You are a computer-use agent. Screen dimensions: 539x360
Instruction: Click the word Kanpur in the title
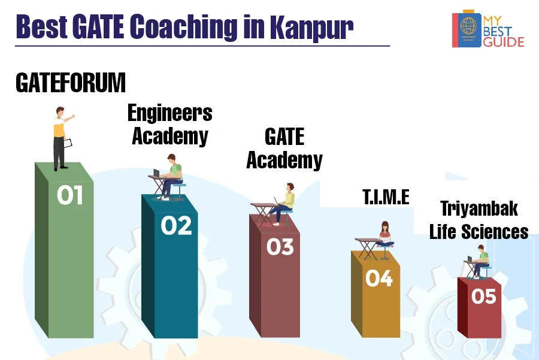pos(311,27)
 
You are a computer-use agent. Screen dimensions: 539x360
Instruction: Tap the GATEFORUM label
pos(71,83)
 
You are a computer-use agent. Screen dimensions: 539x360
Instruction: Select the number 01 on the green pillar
pos(70,195)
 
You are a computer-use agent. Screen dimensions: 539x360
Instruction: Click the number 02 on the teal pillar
pos(176,226)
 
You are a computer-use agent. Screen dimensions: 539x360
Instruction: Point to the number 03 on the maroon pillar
pos(280,247)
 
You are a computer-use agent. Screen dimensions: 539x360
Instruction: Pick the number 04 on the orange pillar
pos(379,278)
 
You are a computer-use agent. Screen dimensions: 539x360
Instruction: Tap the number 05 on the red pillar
pos(484,296)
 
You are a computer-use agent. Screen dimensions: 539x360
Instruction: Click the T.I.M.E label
pos(386,197)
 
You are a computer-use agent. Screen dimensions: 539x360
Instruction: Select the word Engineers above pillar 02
pos(170,113)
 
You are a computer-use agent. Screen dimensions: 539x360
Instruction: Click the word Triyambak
pos(479,208)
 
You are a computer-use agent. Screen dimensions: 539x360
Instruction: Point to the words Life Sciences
pos(479,231)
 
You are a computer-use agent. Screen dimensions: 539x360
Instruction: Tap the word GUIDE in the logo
pos(504,42)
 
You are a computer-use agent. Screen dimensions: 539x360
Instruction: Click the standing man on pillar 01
pos(62,138)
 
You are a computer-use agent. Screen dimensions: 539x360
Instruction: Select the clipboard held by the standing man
pos(68,143)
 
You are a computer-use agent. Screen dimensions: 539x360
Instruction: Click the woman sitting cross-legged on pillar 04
pos(385,235)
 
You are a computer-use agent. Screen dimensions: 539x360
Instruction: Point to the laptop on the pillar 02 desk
pos(157,173)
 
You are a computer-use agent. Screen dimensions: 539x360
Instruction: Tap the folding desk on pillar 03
pos(264,214)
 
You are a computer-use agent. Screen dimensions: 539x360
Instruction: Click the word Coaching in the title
pos(184,27)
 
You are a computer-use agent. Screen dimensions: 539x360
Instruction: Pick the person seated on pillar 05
pos(480,261)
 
